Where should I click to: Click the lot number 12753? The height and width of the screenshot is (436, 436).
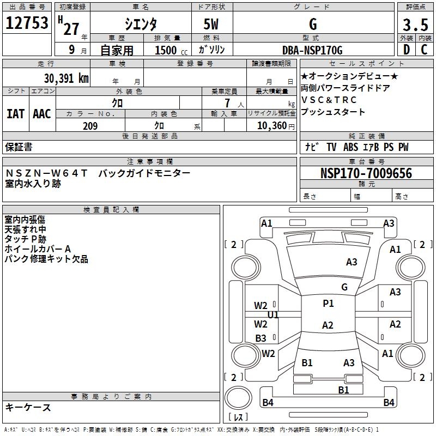(x=27, y=25)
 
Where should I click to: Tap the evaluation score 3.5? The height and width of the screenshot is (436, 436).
(x=415, y=25)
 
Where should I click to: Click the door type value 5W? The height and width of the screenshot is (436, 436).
(x=212, y=25)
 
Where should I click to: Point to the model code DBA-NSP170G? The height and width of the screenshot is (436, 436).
(x=312, y=50)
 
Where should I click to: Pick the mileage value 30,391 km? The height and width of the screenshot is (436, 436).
(x=66, y=78)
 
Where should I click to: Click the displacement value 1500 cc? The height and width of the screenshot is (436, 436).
(x=169, y=50)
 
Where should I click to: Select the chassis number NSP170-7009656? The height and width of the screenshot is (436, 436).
(x=366, y=173)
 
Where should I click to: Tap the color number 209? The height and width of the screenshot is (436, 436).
(x=90, y=126)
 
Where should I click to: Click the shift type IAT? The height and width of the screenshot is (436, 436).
(x=15, y=114)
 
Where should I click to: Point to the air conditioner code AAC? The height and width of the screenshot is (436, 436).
(x=42, y=114)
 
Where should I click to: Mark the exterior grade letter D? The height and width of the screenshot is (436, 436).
(x=406, y=50)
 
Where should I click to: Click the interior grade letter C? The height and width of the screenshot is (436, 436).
(x=424, y=50)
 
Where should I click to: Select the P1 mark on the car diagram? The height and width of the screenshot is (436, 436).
(x=328, y=304)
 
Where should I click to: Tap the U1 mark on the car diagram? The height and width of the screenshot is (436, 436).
(x=273, y=315)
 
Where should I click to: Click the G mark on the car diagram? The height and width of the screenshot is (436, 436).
(x=344, y=287)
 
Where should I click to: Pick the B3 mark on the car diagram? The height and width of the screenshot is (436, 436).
(x=261, y=338)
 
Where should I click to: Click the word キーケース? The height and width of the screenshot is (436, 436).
(x=28, y=407)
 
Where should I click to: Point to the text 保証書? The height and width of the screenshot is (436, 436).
(x=19, y=147)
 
